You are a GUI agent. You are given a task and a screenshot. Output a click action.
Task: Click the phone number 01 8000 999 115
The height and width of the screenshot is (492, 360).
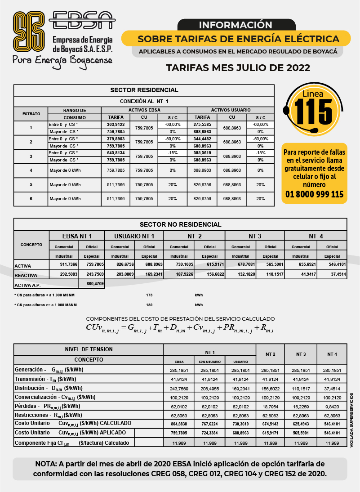pos(315,194)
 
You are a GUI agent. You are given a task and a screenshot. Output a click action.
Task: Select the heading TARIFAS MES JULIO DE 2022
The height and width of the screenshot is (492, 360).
pos(238,68)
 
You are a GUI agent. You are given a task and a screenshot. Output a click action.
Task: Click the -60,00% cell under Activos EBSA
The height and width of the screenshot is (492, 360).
pos(172,124)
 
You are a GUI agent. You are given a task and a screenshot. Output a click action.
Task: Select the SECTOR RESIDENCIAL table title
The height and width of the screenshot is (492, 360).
pos(144,90)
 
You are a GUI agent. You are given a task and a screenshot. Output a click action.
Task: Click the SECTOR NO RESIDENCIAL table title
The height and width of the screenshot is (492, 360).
pos(180,224)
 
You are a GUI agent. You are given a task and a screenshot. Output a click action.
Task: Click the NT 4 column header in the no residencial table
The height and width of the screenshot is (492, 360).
pos(315,236)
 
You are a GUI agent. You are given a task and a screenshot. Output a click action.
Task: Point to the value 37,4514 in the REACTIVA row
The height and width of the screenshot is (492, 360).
pos(333,274)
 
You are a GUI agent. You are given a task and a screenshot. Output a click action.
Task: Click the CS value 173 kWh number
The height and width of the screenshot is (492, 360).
pos(150,295)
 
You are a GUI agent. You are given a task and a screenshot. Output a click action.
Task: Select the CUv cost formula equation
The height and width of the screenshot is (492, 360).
pos(180,327)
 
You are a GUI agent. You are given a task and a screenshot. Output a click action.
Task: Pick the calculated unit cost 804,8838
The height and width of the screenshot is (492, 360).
pos(178,424)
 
